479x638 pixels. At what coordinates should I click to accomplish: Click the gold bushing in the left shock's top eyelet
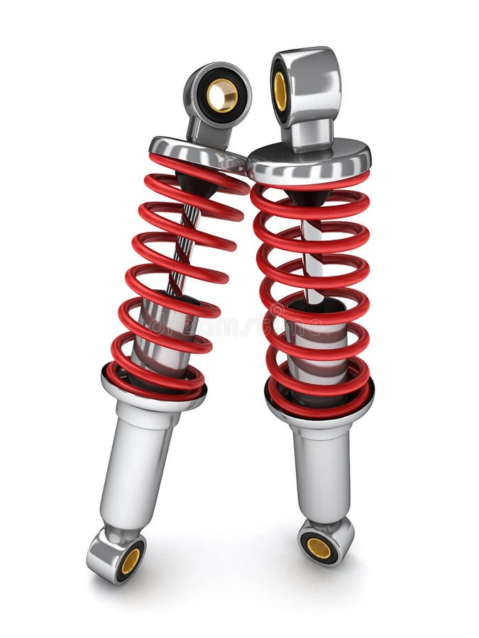(x=222, y=96)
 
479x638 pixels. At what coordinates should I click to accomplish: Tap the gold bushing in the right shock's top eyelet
(x=280, y=90)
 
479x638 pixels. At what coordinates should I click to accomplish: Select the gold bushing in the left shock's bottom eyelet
(x=131, y=561)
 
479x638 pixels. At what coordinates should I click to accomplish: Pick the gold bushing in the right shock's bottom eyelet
(x=319, y=547)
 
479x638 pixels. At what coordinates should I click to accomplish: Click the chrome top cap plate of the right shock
(x=309, y=158)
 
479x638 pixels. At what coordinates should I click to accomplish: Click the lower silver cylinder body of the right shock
(x=321, y=468)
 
